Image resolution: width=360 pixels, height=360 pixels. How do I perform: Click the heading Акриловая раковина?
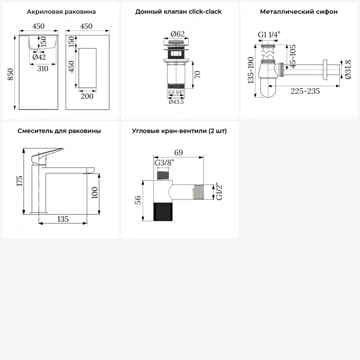click(x=61, y=12)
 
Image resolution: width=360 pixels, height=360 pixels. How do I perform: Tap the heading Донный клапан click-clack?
click(x=179, y=12)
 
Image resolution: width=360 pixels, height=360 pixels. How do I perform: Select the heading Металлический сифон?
click(x=299, y=12)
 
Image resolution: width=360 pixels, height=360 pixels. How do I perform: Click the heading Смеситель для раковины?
click(x=59, y=131)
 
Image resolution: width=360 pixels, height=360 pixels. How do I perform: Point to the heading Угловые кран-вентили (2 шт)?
click(x=179, y=131)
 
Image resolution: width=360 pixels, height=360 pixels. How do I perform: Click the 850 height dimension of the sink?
click(x=10, y=75)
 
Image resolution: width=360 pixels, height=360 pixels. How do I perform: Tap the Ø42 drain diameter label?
click(x=39, y=57)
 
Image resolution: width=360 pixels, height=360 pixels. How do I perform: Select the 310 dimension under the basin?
click(x=43, y=68)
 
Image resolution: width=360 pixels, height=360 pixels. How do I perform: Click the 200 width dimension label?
click(x=87, y=96)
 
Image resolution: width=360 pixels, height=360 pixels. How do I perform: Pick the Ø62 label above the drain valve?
click(x=177, y=34)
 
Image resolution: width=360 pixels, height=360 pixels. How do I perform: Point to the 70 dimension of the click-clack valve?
click(x=197, y=75)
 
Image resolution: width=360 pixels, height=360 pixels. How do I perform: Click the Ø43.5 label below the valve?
click(x=176, y=102)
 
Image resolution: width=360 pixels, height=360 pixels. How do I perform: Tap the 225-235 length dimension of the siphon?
click(x=305, y=91)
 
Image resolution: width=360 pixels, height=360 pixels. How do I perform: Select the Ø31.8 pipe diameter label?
click(x=348, y=69)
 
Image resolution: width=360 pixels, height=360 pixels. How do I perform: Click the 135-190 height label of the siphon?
click(x=251, y=70)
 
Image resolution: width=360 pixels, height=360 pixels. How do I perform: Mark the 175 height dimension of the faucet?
click(x=19, y=181)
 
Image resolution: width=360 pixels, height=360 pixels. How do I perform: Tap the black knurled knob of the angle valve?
click(x=163, y=212)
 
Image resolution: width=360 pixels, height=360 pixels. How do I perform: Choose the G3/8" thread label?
click(x=164, y=163)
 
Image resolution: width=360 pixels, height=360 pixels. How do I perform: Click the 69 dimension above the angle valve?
click(x=179, y=152)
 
